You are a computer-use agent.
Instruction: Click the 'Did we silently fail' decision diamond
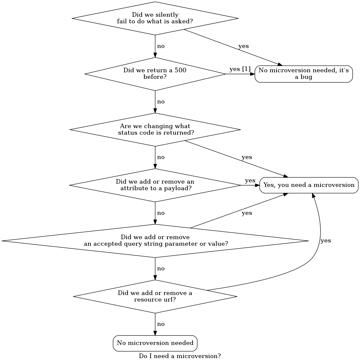coord(155,18)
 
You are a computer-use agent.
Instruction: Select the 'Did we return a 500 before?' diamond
coord(155,74)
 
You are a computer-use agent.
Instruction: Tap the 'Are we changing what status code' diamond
coord(155,129)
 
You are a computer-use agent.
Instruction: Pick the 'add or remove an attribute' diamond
coord(155,185)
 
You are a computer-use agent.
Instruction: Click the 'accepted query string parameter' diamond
coord(155,241)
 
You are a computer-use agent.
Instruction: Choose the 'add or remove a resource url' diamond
coord(155,296)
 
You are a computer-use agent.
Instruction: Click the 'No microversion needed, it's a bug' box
coord(303,74)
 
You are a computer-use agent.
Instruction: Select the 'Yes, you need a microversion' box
coord(309,185)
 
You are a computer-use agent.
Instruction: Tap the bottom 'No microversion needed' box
coord(155,343)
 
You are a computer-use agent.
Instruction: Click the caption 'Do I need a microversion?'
coord(180,356)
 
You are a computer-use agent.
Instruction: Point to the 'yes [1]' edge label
coord(240,69)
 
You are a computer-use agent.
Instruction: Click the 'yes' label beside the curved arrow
coord(325,241)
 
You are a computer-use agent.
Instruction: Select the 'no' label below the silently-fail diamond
coord(161,46)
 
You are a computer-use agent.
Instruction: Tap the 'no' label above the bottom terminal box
coord(161,324)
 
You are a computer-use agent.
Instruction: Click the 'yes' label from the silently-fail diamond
coord(243,46)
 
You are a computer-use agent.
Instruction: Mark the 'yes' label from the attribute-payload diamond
coord(250,181)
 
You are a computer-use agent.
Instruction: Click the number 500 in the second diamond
coord(180,70)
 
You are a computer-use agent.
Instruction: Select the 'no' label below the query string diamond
coord(161,268)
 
